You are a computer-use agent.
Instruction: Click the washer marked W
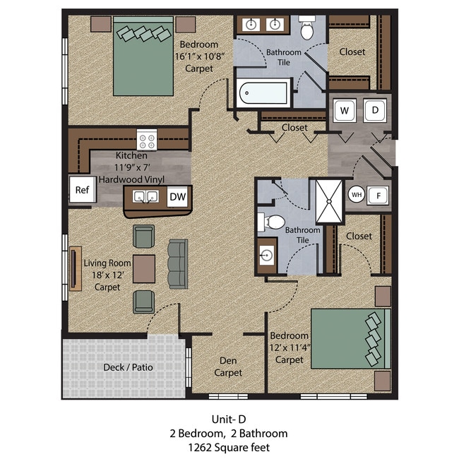tap(345, 110)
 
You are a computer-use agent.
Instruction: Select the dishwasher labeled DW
tap(177, 198)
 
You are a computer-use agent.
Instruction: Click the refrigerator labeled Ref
tap(82, 191)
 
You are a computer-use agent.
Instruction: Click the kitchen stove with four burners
tap(147, 140)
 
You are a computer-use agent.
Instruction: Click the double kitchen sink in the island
tap(146, 198)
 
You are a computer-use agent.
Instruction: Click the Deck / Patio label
tap(128, 367)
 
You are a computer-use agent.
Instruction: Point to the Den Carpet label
tap(228, 366)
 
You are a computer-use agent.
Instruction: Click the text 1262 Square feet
tap(229, 447)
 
